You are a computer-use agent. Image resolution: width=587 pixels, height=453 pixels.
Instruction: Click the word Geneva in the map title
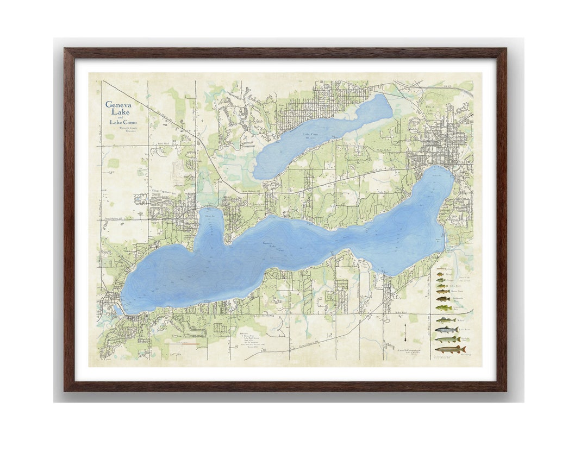(118, 104)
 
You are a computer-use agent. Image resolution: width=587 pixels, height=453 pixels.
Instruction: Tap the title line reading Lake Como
(123, 122)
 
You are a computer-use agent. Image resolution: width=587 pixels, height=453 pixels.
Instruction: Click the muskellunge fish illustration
(450, 349)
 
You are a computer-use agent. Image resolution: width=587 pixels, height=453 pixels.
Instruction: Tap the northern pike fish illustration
(446, 339)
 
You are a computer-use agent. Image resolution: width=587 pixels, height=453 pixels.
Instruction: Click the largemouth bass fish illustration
(444, 308)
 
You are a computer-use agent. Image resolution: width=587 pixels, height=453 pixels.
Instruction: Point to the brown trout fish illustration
(443, 292)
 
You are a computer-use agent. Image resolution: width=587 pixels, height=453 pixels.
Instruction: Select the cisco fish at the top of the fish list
(441, 268)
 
